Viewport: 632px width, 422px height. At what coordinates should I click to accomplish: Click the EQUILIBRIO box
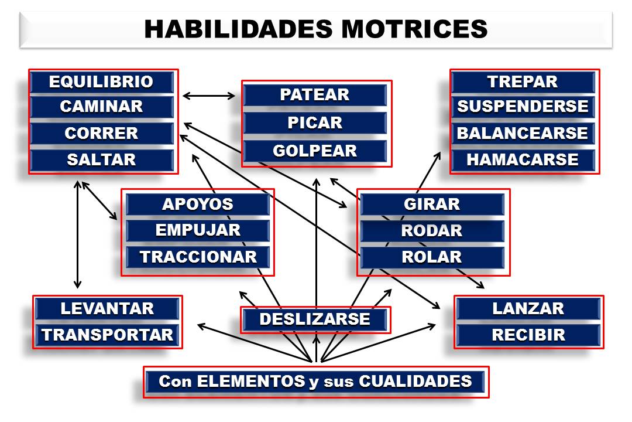[x=101, y=81]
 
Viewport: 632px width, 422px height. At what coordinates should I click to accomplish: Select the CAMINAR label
[x=101, y=107]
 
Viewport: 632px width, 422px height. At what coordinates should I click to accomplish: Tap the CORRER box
[x=101, y=133]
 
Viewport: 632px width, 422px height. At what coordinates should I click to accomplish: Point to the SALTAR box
[x=101, y=159]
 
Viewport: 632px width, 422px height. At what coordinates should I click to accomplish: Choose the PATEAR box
[x=315, y=95]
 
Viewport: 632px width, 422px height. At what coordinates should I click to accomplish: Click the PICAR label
[x=315, y=123]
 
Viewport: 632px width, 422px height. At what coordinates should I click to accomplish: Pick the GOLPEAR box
[x=315, y=151]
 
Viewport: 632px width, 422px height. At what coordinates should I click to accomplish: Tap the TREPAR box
[x=523, y=81]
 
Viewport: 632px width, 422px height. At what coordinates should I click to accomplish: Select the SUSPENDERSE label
[x=523, y=107]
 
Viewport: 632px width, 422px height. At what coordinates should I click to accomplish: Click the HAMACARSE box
[x=523, y=159]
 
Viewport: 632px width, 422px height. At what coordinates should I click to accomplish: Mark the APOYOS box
[x=197, y=205]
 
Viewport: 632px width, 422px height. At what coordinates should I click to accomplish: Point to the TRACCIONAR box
[x=198, y=257]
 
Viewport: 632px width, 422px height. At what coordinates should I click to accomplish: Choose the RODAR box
[x=432, y=231]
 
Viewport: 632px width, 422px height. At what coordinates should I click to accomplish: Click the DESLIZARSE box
[x=315, y=319]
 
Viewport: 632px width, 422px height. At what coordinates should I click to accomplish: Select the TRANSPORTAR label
[x=108, y=335]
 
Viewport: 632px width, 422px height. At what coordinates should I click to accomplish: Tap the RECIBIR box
[x=528, y=335]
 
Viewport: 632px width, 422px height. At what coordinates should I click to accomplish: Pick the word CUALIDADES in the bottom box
[x=415, y=382]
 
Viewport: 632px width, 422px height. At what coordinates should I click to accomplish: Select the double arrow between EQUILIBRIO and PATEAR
[x=209, y=95]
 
